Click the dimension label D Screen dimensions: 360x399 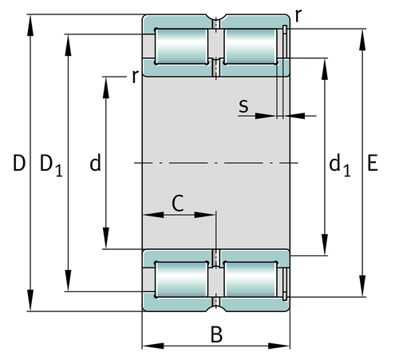click(x=18, y=164)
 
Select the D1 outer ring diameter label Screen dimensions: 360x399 click(x=51, y=165)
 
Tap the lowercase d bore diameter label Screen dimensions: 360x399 click(x=94, y=164)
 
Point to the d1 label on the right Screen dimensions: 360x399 click(x=339, y=165)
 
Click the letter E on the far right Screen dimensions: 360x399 click(x=373, y=164)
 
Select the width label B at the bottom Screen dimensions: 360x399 click(x=215, y=335)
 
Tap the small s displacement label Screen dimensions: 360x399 click(x=243, y=105)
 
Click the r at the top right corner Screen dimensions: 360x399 click(x=298, y=15)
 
